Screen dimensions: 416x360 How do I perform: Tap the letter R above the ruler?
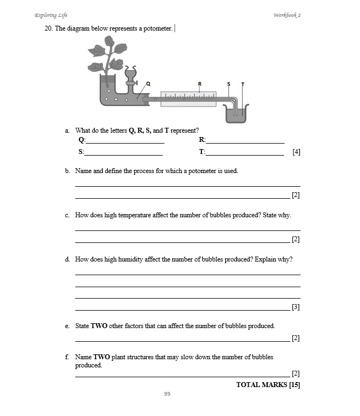[x=200, y=84]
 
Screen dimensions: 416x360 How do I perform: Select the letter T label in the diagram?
[x=242, y=85]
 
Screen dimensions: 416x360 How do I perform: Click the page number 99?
[x=167, y=394]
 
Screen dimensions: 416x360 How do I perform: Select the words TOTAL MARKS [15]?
[x=268, y=384]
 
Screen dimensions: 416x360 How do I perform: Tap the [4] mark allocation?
[x=296, y=152]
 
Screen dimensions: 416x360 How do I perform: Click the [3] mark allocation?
[x=296, y=307]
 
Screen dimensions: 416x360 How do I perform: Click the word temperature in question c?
[x=135, y=215]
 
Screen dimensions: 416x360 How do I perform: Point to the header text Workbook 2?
[x=287, y=15]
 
